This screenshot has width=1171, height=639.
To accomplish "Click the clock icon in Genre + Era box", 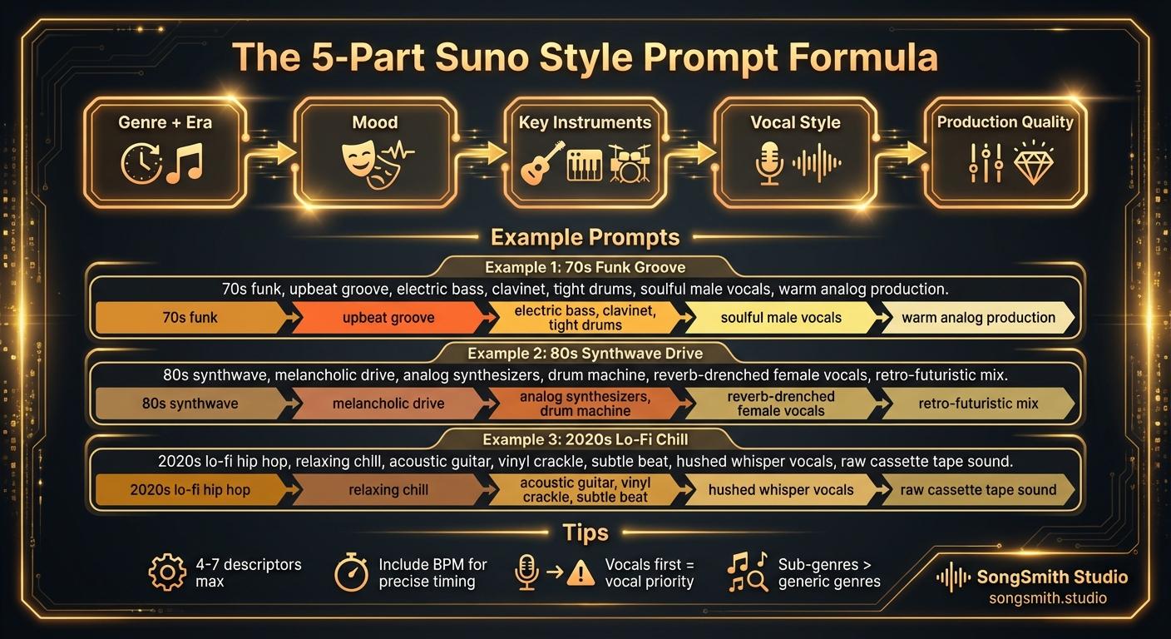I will click(x=141, y=163).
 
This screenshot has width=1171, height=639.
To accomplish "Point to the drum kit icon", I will click(x=629, y=163).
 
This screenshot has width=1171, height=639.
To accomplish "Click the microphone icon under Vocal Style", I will click(x=768, y=162).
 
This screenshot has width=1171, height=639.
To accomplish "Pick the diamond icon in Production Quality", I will click(x=1034, y=161).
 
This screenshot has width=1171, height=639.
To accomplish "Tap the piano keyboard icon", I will click(x=584, y=165).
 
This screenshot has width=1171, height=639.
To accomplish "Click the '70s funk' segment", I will click(x=190, y=317).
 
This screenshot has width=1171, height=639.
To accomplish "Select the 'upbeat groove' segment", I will click(x=388, y=318).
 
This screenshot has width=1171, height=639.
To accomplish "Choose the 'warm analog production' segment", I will click(x=978, y=318).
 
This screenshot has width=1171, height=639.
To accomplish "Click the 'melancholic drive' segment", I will click(x=388, y=404).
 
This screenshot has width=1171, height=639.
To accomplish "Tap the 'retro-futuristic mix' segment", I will click(x=978, y=404).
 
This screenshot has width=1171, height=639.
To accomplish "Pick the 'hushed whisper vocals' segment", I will click(x=780, y=490).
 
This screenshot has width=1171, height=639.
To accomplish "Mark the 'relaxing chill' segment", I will click(x=388, y=490).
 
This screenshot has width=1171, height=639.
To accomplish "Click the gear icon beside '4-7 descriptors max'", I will click(x=167, y=572).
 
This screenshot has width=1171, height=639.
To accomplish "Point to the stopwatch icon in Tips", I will click(x=350, y=572).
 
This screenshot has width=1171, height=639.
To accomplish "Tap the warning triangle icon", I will click(x=581, y=572).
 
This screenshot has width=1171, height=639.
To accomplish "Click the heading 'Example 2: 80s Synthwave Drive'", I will click(x=585, y=353).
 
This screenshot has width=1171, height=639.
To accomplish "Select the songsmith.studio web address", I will click(x=1047, y=598).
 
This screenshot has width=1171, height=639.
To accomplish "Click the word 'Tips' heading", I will click(x=585, y=532).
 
